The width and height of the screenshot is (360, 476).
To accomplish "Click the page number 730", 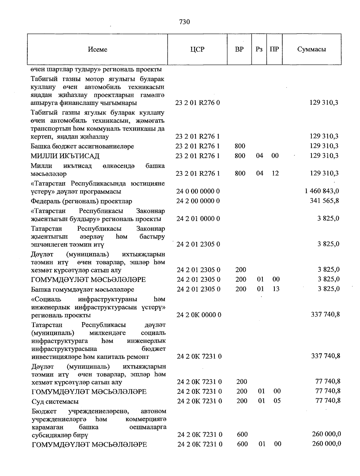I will pyautogui.click(x=184, y=22).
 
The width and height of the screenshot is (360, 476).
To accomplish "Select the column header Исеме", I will pyautogui.click(x=97, y=49).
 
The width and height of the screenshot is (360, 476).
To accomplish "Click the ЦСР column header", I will pyautogui.click(x=197, y=49).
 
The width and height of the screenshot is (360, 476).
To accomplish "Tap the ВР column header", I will pyautogui.click(x=239, y=49).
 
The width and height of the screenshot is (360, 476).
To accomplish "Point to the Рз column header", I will pyautogui.click(x=259, y=49).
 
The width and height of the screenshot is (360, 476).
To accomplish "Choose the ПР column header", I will pyautogui.click(x=274, y=49).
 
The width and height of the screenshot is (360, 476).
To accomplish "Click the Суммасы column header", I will pyautogui.click(x=311, y=49).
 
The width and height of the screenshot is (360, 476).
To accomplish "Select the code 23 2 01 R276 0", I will pyautogui.click(x=198, y=103).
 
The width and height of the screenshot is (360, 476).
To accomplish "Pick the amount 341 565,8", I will pyautogui.click(x=324, y=201).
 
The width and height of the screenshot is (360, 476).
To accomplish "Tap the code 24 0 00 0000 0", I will pyautogui.click(x=198, y=191).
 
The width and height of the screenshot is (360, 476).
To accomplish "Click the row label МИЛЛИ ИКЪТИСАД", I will pyautogui.click(x=65, y=156).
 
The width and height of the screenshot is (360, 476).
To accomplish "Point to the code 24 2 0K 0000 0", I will pyautogui.click(x=199, y=315).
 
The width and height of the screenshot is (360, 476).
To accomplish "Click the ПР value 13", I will pyautogui.click(x=276, y=289).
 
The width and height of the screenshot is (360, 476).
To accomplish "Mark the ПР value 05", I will pyautogui.click(x=277, y=401).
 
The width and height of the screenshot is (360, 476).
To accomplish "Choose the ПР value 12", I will pyautogui.click(x=275, y=173).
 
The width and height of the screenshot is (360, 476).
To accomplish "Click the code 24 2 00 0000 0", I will pyautogui.click(x=198, y=201).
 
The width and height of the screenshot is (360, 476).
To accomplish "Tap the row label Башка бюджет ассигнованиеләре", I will pyautogui.click(x=82, y=146).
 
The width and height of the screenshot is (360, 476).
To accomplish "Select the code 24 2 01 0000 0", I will pyautogui.click(x=198, y=219).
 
